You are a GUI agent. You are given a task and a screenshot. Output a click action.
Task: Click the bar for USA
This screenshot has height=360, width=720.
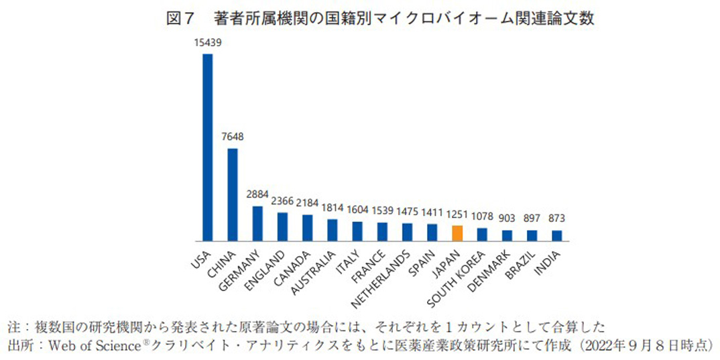[x=208, y=147]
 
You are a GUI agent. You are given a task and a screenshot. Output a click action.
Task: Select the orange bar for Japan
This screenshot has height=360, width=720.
[x=457, y=233]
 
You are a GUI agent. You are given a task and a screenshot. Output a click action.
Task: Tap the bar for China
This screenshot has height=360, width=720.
[x=233, y=194]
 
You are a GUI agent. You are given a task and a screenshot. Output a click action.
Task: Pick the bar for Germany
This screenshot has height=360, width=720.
[x=257, y=224]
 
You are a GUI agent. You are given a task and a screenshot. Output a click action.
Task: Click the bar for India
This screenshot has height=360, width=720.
[x=556, y=235]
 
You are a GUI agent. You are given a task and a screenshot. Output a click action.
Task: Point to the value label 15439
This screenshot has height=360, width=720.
[x=208, y=42]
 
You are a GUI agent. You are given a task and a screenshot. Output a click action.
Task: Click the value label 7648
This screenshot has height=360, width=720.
[x=233, y=137]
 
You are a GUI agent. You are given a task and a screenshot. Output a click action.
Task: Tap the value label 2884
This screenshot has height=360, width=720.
[x=257, y=194]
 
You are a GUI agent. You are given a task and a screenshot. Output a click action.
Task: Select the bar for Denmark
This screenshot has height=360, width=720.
[x=507, y=235]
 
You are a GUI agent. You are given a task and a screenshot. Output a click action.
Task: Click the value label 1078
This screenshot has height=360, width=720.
[x=482, y=217]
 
